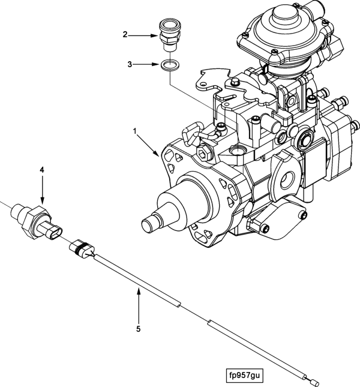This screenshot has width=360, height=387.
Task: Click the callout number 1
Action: [135, 131]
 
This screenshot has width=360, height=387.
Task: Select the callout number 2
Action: [125, 35]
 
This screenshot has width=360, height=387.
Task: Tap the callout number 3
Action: [130, 65]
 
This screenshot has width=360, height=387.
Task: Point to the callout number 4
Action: [42, 170]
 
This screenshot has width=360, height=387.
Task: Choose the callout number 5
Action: [139, 329]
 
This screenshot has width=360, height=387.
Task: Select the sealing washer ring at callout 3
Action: [170, 65]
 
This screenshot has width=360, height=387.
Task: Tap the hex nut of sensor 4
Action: [35, 222]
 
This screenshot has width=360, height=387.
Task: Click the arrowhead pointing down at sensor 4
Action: [42, 201]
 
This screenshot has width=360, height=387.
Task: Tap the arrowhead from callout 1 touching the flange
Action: [156, 153]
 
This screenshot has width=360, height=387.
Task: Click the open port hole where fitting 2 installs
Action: [237, 151]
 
